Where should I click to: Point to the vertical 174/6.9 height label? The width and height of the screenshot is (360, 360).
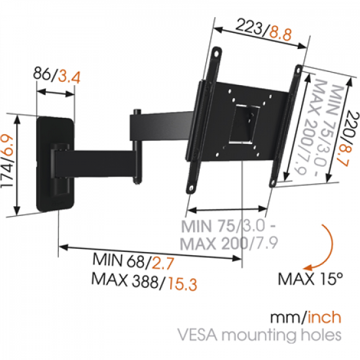[x=11, y=165]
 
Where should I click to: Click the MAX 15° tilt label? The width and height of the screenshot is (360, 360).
[x=311, y=278]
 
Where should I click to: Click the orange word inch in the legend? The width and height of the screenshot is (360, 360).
[x=324, y=319]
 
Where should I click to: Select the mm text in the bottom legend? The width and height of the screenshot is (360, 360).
[x=285, y=319]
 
